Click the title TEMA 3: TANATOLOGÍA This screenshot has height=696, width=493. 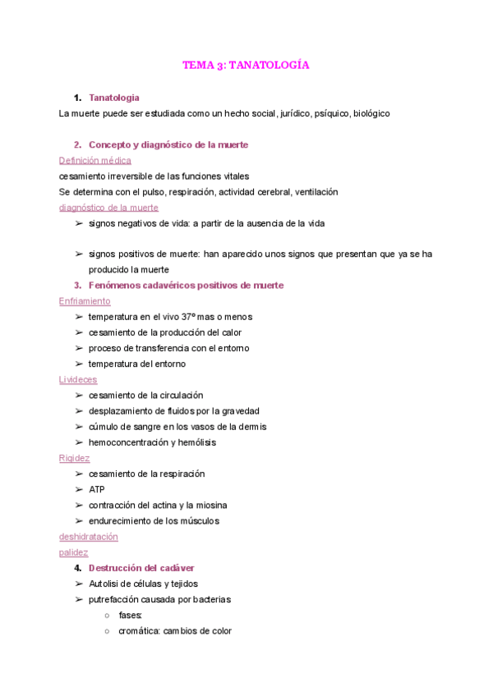246,65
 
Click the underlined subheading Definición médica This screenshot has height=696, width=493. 94,160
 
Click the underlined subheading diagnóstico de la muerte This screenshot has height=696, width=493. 108,208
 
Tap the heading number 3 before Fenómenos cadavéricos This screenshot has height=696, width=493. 76,286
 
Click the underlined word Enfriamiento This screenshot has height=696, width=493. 85,301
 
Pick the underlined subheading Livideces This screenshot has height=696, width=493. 78,379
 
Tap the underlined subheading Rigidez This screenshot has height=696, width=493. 75,458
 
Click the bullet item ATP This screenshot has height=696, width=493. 97,490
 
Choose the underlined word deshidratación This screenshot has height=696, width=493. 89,537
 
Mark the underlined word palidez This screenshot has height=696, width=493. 74,552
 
